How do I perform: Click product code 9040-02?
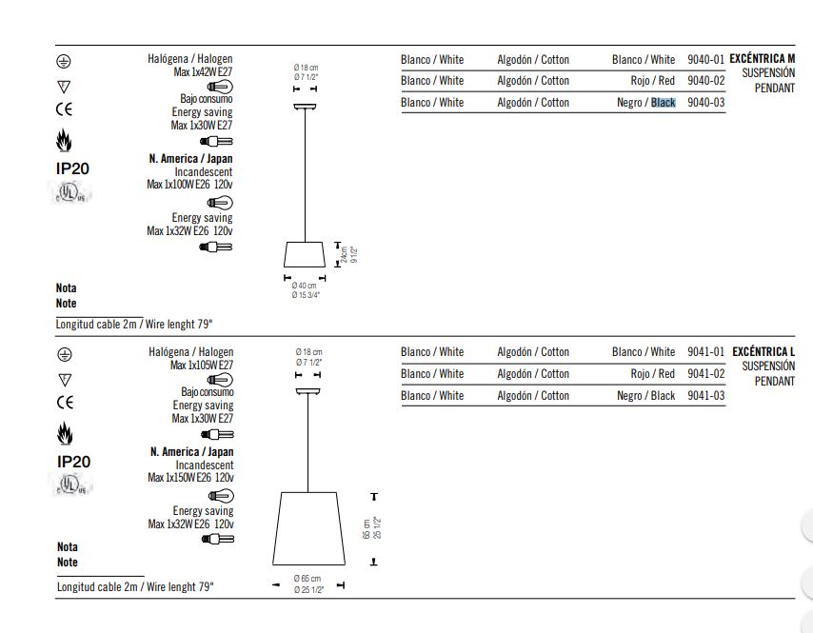click(x=705, y=81)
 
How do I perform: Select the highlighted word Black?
click(x=664, y=103)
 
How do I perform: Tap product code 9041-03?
click(x=705, y=396)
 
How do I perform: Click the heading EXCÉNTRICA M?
click(x=762, y=59)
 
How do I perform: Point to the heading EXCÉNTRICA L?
click(x=763, y=351)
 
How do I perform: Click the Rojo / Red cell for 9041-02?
click(x=652, y=374)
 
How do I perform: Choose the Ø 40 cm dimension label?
click(x=304, y=286)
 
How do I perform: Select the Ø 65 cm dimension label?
click(x=307, y=579)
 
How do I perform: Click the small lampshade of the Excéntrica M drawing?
click(x=305, y=254)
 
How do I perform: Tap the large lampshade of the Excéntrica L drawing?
click(x=308, y=528)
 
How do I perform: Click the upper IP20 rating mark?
click(x=72, y=168)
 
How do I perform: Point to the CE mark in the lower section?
click(x=65, y=403)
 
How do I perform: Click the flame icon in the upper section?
click(x=64, y=140)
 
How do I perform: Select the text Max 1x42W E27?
click(x=203, y=72)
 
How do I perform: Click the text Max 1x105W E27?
click(x=202, y=365)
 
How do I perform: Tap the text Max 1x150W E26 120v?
click(x=190, y=478)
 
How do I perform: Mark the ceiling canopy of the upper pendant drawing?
click(x=305, y=107)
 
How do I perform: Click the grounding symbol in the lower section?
click(x=65, y=355)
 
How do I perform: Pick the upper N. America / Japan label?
click(x=190, y=159)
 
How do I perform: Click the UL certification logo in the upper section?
click(x=69, y=192)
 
